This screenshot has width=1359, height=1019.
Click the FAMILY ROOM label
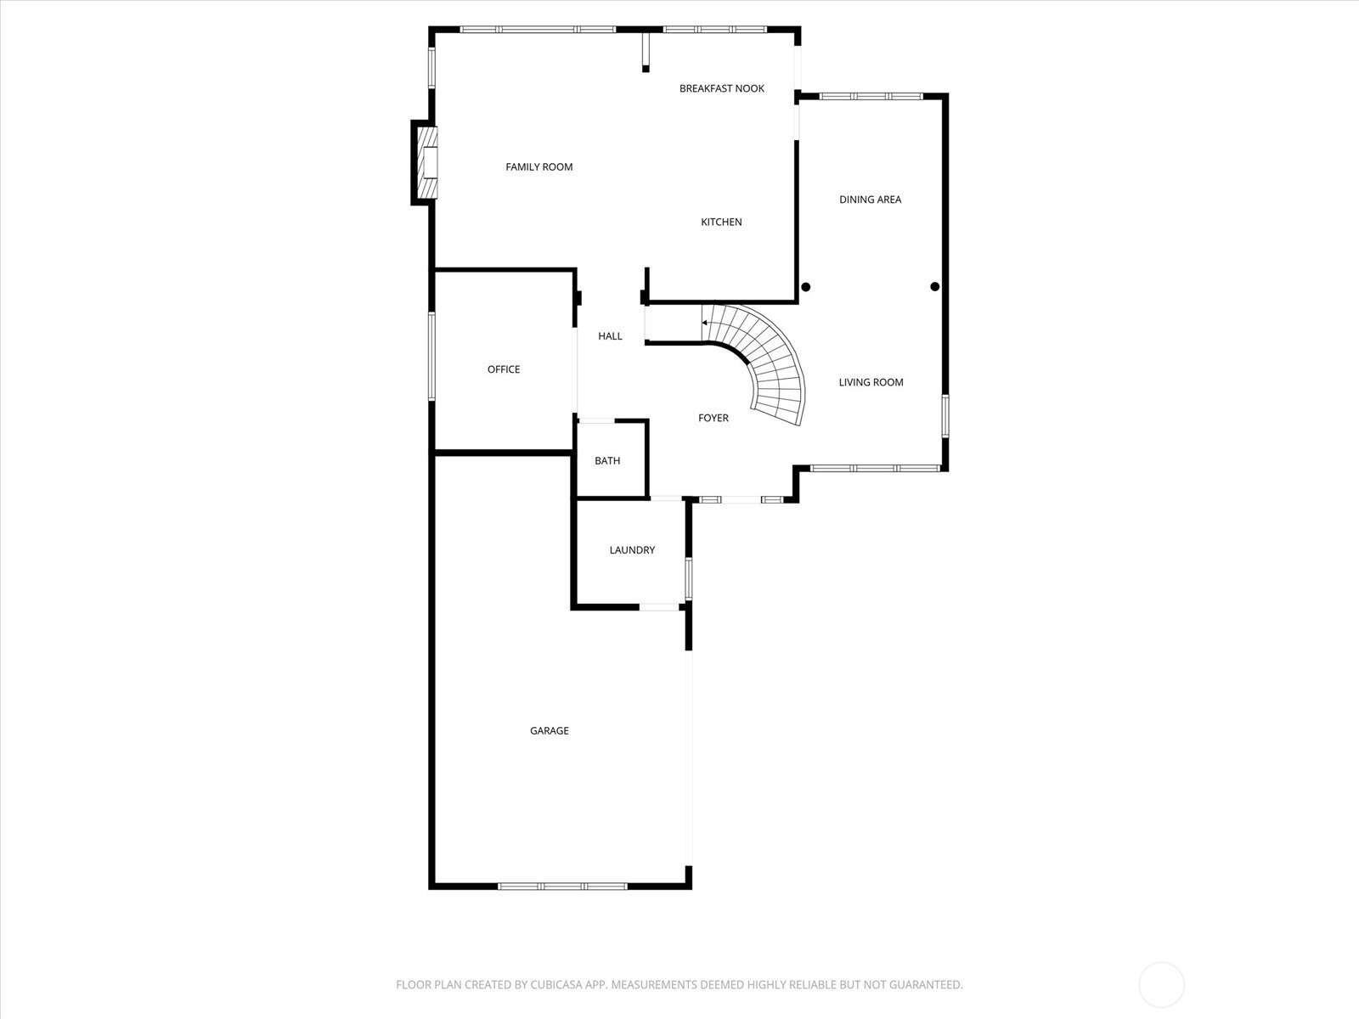point(539,167)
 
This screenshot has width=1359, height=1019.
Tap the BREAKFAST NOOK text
point(721,88)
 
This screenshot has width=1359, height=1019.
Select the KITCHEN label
point(720,222)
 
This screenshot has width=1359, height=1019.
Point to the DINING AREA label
point(870,200)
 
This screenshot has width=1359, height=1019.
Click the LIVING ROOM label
point(871,382)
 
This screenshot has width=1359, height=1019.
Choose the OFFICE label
point(504,369)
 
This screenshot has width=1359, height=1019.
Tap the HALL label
point(610,336)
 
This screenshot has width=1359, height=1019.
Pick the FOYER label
point(713,419)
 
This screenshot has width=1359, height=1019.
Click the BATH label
point(606,461)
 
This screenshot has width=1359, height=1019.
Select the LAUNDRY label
point(632,550)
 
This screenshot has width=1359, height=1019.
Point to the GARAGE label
point(550,730)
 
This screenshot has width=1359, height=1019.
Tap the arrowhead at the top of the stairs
point(705,323)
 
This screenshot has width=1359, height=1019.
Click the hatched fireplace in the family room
point(426,163)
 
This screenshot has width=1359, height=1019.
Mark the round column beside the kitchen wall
point(805,287)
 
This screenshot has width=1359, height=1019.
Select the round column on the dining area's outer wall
point(935,286)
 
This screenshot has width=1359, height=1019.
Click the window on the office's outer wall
point(431,357)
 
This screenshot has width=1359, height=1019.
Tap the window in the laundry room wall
point(689,578)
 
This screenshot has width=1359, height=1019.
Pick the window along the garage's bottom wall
point(562,887)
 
